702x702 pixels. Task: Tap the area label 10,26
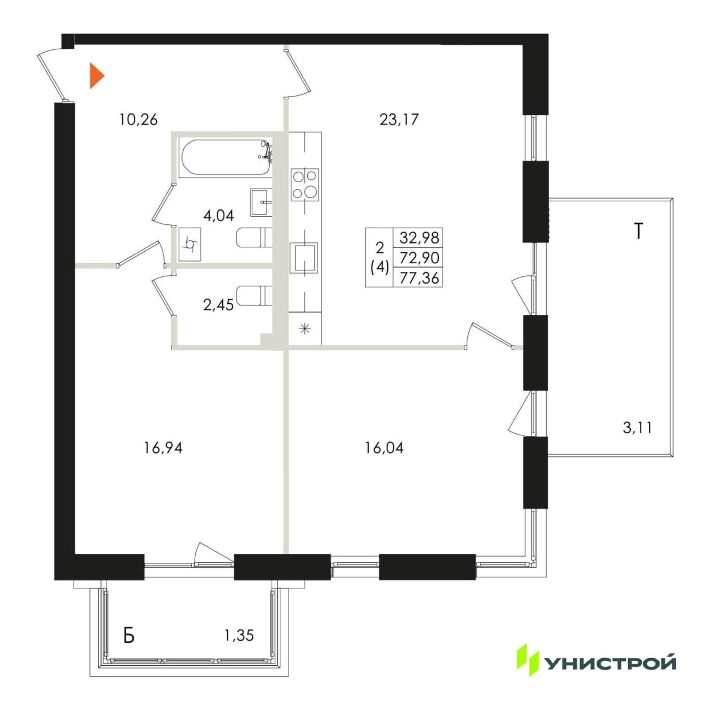coord(138,120)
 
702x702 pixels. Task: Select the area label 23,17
coord(399,120)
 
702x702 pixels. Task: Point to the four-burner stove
coord(305,185)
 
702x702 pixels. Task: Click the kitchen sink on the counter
coord(303,258)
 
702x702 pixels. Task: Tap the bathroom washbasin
coord(261,202)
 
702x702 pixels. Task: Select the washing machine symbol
coord(190,244)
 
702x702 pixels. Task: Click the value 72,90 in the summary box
coord(420,258)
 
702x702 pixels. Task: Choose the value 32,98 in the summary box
coord(420,238)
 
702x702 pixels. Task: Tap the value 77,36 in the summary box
coord(420,279)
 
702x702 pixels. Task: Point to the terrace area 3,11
coord(637,427)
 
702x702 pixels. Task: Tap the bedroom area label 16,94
coord(163,449)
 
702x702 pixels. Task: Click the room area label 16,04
coord(384,448)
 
